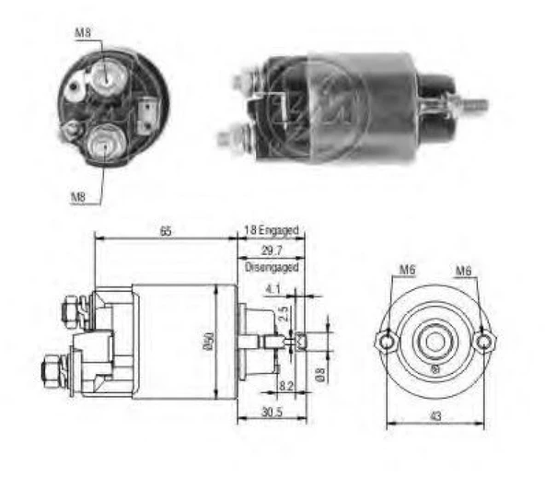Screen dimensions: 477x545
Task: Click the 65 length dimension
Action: (x=165, y=230)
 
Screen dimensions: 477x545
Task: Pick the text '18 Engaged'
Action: (x=272, y=231)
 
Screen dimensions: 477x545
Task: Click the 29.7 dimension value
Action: (x=272, y=250)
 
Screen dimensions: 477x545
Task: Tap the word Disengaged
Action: (x=272, y=267)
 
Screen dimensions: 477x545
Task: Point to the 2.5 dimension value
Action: (x=284, y=312)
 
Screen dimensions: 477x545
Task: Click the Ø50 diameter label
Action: (x=208, y=342)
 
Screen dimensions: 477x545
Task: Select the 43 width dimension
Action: (x=435, y=416)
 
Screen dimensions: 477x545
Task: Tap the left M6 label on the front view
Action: (x=407, y=270)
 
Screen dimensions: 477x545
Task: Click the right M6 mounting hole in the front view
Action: (x=484, y=342)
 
